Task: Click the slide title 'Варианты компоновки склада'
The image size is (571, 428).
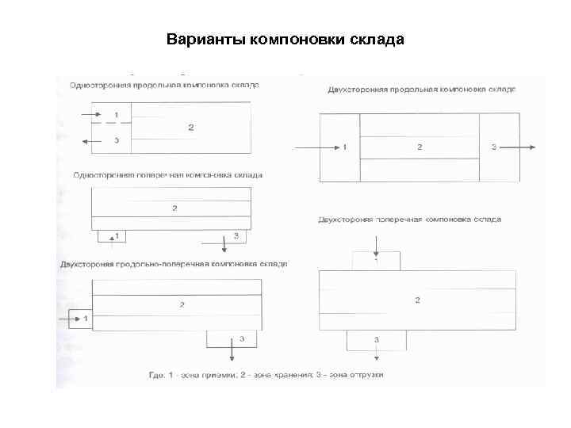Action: pos(285,39)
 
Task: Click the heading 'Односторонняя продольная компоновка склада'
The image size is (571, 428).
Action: pos(165,85)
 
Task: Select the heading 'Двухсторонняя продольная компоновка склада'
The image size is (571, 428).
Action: pos(422,90)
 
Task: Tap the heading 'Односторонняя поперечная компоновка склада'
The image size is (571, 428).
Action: pos(167,174)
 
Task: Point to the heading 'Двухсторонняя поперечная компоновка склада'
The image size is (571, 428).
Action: pos(409,219)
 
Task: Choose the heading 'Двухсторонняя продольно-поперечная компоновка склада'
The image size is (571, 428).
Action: pos(174,264)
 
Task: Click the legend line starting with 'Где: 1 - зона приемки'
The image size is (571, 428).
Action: pos(266,374)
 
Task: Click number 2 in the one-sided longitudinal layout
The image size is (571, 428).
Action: pos(190,127)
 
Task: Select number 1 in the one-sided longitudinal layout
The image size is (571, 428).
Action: pos(117,116)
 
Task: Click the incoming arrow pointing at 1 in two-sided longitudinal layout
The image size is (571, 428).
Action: pos(313,147)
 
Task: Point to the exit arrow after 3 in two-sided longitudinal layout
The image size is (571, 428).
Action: pos(523,147)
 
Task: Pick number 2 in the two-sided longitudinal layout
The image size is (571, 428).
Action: pos(420,147)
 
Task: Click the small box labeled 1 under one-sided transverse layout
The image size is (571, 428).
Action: pos(113,235)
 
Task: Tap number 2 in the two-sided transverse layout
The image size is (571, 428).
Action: pos(417,300)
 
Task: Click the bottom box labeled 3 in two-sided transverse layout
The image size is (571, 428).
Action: pos(376,339)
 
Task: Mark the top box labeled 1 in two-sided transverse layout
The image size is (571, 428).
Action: pos(376,261)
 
